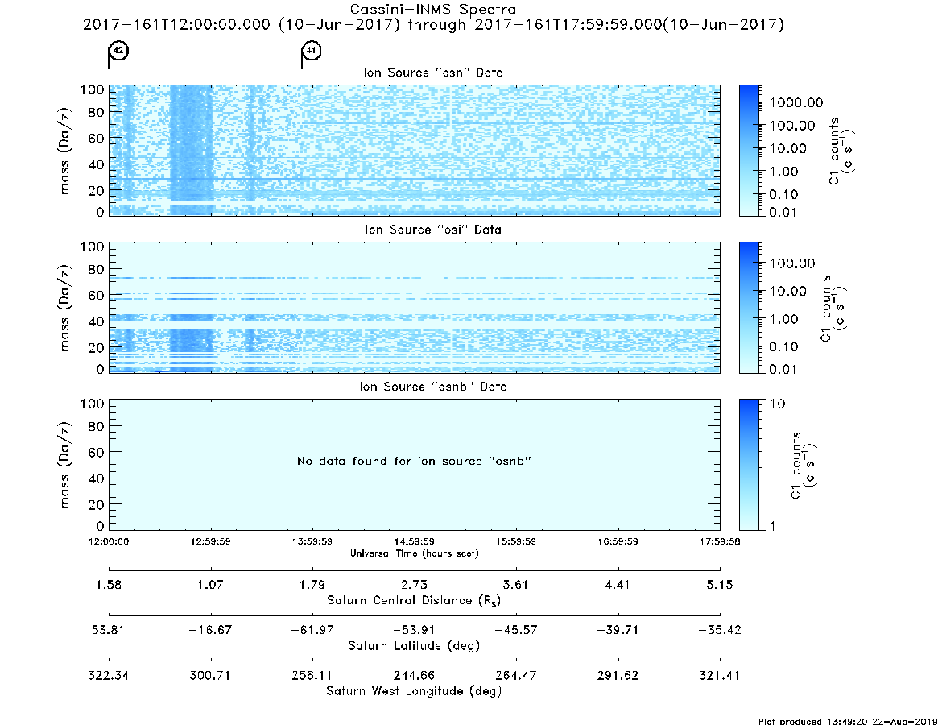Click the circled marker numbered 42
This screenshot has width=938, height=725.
(118, 50)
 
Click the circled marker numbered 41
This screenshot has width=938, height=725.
(311, 50)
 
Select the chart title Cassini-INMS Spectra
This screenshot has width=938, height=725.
(433, 10)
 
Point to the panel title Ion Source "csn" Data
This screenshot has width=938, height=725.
(433, 72)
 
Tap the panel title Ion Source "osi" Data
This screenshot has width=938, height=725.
(433, 230)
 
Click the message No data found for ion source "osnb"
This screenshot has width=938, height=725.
(414, 461)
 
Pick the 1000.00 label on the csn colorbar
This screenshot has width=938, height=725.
(796, 102)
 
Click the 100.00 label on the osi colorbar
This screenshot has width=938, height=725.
(792, 263)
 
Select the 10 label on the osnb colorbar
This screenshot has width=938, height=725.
(776, 404)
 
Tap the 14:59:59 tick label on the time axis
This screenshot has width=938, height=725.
(414, 541)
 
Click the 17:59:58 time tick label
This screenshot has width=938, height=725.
(720, 541)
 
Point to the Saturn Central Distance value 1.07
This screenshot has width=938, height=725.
(211, 584)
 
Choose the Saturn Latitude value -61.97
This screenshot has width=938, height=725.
(312, 630)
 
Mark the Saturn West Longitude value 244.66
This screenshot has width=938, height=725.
(414, 675)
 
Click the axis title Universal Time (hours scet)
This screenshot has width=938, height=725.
(414, 553)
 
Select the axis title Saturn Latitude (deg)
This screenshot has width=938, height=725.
(414, 646)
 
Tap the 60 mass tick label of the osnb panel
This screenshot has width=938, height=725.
(97, 453)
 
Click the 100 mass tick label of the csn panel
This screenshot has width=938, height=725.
(93, 89)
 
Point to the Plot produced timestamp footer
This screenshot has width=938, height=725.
(847, 721)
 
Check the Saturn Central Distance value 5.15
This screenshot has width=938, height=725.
(720, 584)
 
